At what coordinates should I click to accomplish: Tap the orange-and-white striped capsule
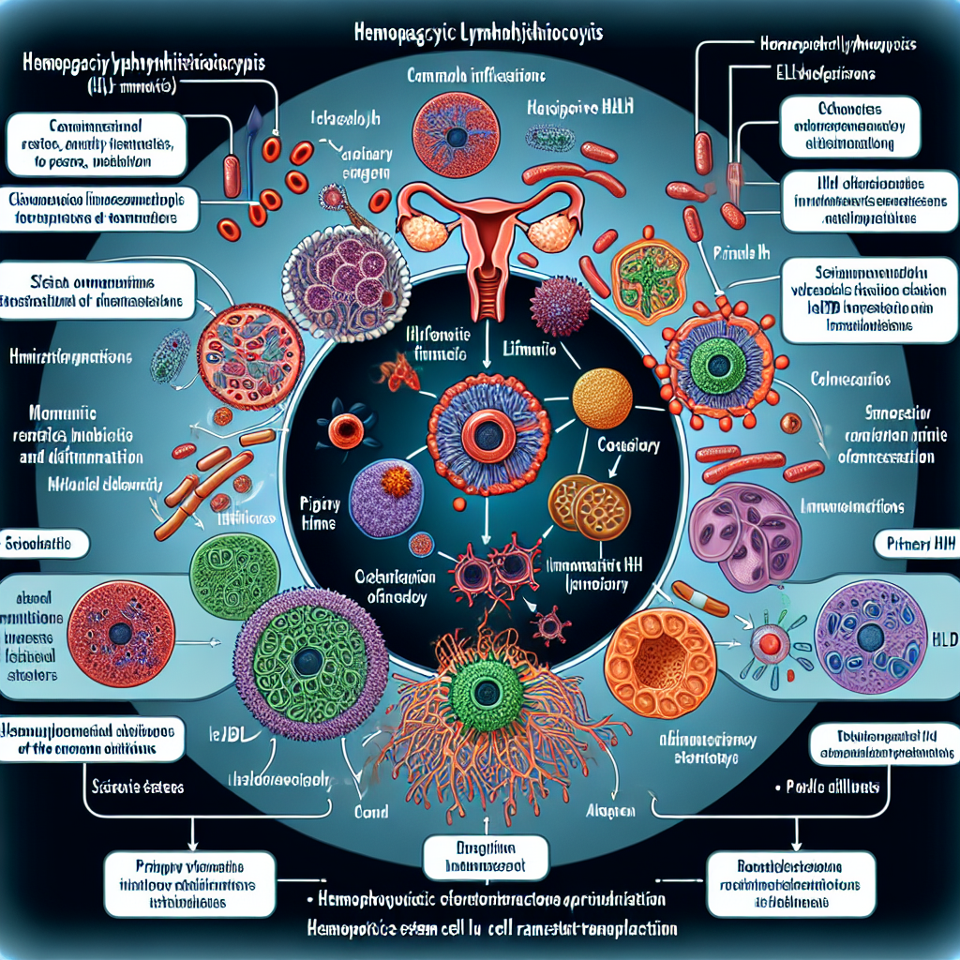[692, 596]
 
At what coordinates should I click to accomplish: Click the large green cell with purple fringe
[308, 662]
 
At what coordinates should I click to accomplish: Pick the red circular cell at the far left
[121, 630]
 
